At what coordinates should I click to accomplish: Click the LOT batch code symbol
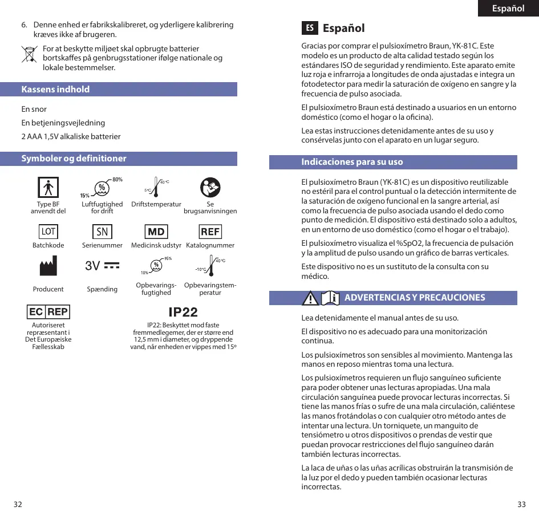tap(48, 232)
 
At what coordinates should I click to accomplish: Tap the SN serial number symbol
tap(102, 232)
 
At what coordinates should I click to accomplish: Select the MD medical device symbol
tap(156, 232)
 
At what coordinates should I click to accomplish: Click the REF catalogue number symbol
tap(210, 232)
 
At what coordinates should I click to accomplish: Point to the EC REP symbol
tap(48, 312)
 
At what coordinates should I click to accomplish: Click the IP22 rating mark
tap(183, 312)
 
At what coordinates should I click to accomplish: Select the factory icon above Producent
tap(48, 266)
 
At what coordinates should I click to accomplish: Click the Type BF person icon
tap(48, 187)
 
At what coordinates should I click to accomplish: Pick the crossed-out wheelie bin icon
tap(29, 54)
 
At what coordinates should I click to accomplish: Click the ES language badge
tap(309, 28)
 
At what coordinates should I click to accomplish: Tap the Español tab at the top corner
tap(508, 9)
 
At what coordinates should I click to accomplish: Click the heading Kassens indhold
tap(56, 90)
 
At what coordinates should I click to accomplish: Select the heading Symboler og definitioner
tap(74, 159)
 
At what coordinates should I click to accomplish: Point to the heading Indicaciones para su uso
tap(352, 162)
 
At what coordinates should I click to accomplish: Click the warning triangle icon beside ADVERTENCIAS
tap(310, 298)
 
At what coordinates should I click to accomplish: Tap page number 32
tap(18, 504)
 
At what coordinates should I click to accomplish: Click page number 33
tap(521, 504)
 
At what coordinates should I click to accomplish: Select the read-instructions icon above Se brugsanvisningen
tap(210, 187)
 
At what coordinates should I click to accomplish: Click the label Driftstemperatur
tap(156, 204)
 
